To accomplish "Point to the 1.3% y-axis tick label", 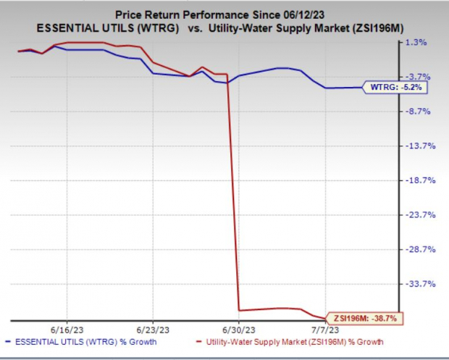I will [418, 42].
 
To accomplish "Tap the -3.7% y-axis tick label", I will [418, 77].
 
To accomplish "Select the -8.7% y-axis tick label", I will [418, 111].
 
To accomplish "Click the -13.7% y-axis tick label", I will [418, 146].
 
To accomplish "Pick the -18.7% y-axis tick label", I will [418, 180].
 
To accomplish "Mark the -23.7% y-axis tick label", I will [418, 214].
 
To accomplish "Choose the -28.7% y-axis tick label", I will [418, 249].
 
